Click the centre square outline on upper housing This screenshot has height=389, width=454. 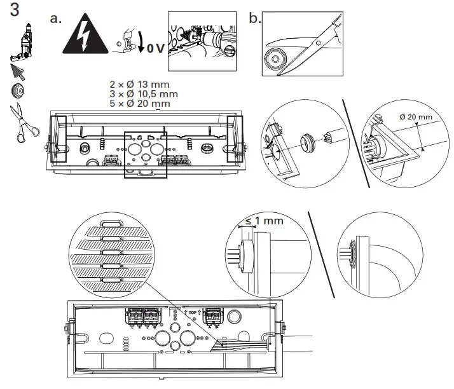coord(146,154)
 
